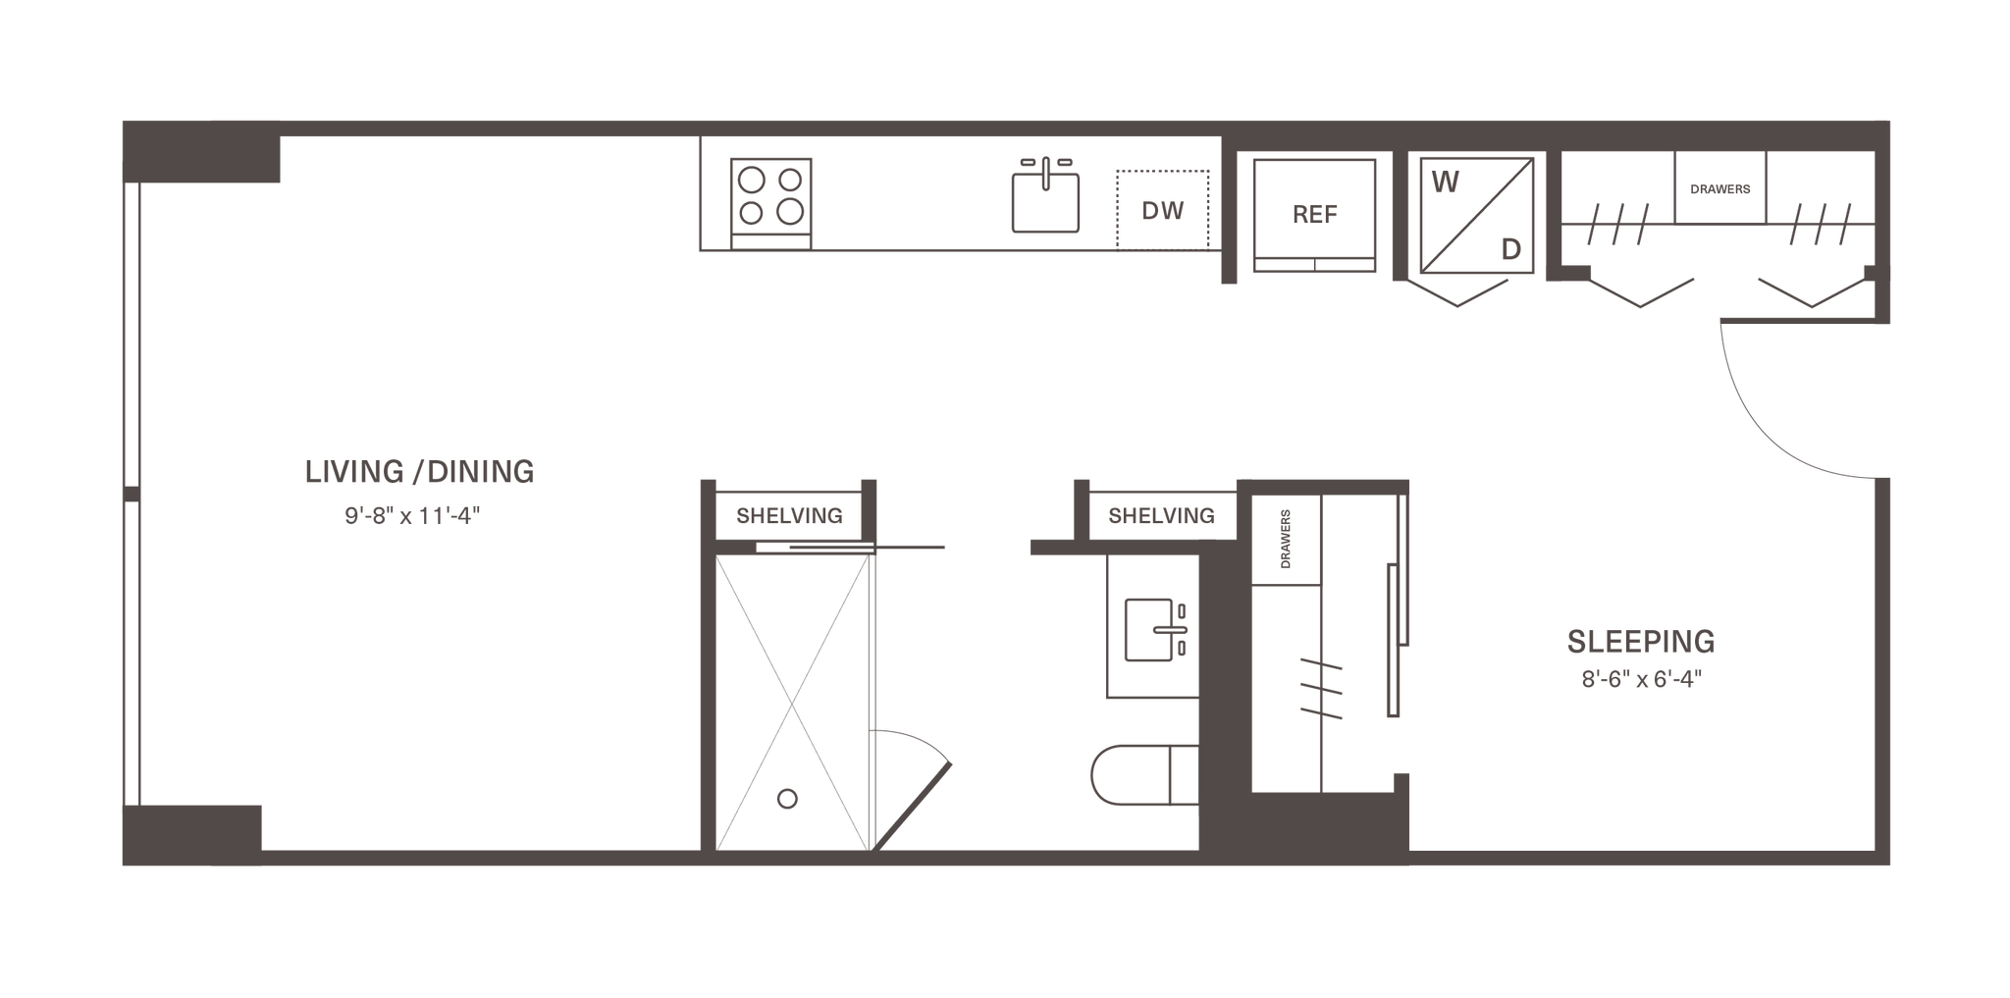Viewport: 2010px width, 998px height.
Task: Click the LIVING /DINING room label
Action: [420, 472]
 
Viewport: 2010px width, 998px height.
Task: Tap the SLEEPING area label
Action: [1640, 642]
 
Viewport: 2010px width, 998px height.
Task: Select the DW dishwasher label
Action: [1163, 211]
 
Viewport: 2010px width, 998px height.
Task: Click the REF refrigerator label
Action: [1314, 215]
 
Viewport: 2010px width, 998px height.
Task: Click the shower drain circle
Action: [786, 800]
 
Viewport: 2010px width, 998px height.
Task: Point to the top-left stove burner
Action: [753, 180]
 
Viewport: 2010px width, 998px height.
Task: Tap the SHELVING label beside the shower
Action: [788, 515]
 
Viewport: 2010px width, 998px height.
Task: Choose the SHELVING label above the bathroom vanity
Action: [1161, 515]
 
